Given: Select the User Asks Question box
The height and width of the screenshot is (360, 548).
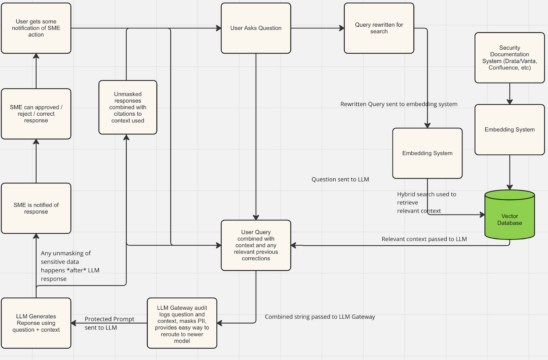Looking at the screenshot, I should click(x=256, y=28).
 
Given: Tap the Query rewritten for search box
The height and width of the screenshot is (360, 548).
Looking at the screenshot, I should click(x=379, y=28).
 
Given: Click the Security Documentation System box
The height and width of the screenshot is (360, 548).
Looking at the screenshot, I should click(x=510, y=57).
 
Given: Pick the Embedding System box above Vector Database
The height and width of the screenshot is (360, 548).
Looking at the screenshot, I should click(x=510, y=129).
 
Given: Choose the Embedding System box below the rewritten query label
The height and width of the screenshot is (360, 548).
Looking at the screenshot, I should click(x=427, y=153).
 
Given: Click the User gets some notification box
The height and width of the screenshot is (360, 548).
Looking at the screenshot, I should click(x=36, y=28).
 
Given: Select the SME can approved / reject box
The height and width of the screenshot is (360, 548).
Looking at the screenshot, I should click(x=36, y=114).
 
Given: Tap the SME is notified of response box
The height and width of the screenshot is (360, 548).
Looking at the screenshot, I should click(x=36, y=208).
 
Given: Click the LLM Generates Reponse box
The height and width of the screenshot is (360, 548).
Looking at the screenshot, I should click(x=36, y=323).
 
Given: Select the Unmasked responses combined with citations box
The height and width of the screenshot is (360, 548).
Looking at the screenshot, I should click(x=128, y=107).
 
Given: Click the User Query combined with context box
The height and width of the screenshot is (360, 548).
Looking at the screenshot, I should click(x=256, y=245).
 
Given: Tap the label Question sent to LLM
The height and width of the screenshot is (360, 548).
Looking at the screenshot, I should click(x=340, y=179).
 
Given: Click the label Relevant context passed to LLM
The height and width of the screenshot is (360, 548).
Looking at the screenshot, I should click(x=424, y=239).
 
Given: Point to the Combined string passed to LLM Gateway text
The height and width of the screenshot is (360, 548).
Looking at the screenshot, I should click(x=320, y=317).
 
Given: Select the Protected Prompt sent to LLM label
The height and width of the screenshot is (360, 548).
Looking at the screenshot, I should click(x=109, y=323).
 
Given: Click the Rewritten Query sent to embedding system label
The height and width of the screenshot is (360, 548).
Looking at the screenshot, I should click(x=399, y=104).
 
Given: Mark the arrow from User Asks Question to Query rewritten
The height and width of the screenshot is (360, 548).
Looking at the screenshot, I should click(x=317, y=28).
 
